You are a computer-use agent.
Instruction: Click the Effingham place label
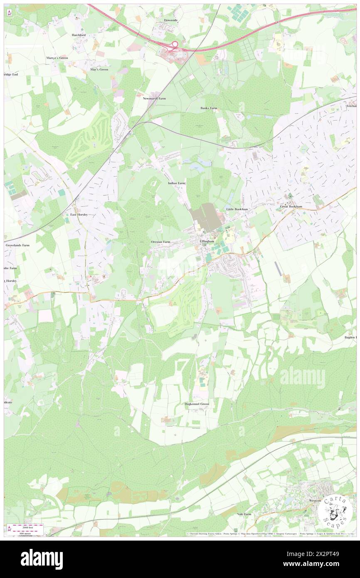tap(207, 241)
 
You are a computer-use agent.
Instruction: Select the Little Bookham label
tap(237, 209)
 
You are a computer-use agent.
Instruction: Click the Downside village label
tap(170, 20)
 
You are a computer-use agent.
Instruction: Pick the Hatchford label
tap(78, 35)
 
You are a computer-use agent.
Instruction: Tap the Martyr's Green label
tap(57, 58)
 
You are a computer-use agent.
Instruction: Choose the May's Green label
tap(99, 69)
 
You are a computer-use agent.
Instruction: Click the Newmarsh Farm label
tap(154, 99)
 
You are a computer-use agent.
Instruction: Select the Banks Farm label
tap(209, 108)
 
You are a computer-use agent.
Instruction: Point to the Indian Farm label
tap(176, 183)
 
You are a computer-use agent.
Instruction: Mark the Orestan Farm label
tap(160, 242)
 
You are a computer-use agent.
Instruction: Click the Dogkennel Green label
tap(197, 404)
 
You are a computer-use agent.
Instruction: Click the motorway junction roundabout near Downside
tap(175, 44)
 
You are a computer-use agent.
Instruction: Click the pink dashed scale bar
tap(27, 526)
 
